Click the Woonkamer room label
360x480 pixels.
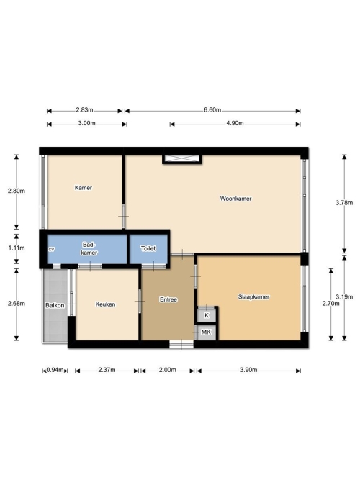click(x=236, y=199)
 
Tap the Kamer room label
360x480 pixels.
click(x=84, y=188)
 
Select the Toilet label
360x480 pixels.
click(x=148, y=248)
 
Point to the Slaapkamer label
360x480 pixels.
click(x=253, y=296)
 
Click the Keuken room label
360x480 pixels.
click(x=105, y=304)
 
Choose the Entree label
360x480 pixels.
click(x=168, y=299)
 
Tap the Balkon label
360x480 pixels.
click(x=55, y=305)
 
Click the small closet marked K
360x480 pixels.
click(x=207, y=315)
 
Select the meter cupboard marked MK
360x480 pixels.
click(x=207, y=332)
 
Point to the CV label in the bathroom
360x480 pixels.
click(x=51, y=250)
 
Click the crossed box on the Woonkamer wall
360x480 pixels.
click(x=182, y=159)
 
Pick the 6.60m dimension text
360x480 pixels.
click(x=212, y=110)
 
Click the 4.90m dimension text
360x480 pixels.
click(x=235, y=123)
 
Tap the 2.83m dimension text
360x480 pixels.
click(x=84, y=110)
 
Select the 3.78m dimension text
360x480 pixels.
click(x=344, y=203)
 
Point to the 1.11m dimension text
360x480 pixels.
click(x=17, y=248)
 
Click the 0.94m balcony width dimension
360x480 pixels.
click(x=55, y=370)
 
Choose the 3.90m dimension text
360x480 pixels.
click(x=248, y=370)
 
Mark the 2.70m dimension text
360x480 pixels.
click(x=331, y=304)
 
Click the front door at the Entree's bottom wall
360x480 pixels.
click(x=181, y=345)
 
